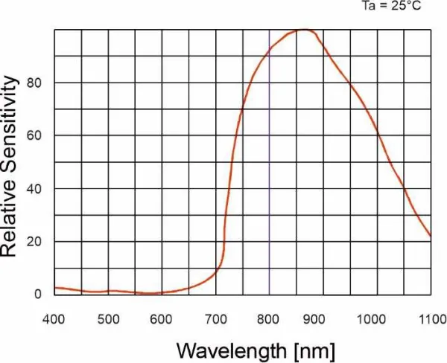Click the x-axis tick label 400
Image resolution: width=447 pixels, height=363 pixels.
[54, 320]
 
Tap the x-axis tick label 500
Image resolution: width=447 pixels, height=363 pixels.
[108, 320]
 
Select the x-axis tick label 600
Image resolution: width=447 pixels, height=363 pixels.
[162, 320]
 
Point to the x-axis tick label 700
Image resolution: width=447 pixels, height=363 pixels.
[215, 320]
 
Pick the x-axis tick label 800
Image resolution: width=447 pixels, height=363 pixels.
[269, 320]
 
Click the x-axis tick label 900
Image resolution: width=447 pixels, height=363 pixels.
[323, 320]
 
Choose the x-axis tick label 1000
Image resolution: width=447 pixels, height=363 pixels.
[376, 320]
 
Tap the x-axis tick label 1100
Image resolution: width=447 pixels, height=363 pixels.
[430, 320]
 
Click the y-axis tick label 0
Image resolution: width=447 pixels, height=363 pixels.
[38, 295]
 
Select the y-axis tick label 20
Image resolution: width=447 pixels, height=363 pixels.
[34, 242]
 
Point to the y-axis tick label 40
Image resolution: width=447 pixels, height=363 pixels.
[34, 188]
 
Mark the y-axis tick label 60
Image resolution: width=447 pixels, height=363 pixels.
[34, 135]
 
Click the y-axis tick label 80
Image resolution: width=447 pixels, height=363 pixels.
[34, 83]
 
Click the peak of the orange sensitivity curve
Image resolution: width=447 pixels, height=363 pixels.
[304, 30]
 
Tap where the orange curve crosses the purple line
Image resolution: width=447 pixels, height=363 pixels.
[270, 48]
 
